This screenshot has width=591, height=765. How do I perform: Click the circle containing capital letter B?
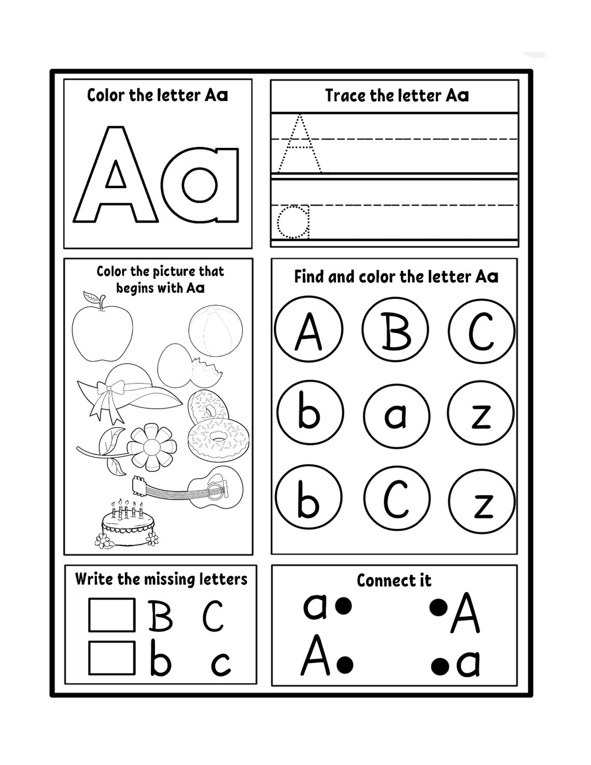coord(396,330)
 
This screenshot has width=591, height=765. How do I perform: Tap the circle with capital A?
coord(308,330)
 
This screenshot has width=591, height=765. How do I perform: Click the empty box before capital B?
coord(111,615)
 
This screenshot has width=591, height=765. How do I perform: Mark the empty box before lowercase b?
coord(111,658)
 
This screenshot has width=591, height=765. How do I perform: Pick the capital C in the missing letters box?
coord(213,616)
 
